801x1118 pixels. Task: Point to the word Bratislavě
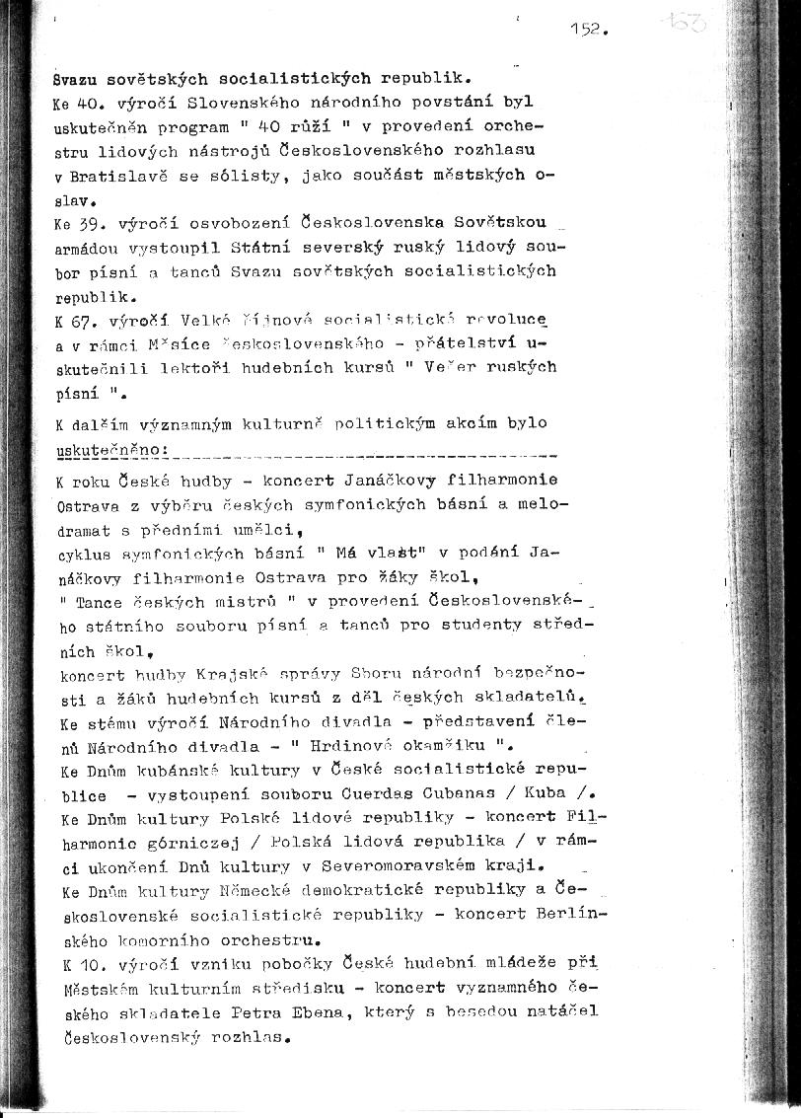click(x=114, y=176)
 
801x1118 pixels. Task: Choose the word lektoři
click(x=191, y=367)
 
